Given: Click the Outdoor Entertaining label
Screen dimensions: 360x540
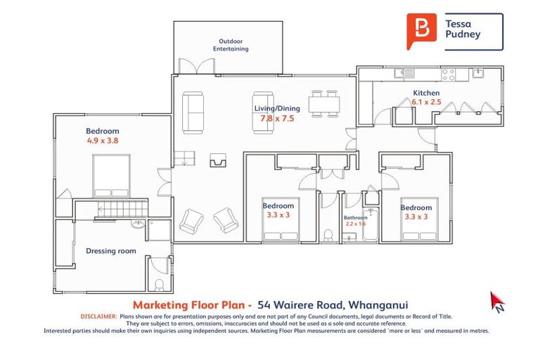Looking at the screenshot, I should click(x=233, y=45).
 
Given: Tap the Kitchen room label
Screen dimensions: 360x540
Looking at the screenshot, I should click(x=426, y=93).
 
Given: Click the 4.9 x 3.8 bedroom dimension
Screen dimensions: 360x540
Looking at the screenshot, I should click(x=103, y=141).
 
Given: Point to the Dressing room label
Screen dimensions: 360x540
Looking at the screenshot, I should click(x=111, y=250).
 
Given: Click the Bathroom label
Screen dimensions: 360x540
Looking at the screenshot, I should click(x=355, y=218).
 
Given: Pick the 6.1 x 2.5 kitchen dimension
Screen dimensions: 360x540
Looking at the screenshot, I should click(x=427, y=103).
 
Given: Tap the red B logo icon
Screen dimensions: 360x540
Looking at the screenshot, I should click(x=421, y=30).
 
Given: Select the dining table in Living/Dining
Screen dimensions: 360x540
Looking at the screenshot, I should click(x=324, y=103).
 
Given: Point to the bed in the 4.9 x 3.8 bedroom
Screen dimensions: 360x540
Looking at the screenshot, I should click(x=111, y=175).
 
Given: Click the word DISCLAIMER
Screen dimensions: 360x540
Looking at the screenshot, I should click(x=99, y=317).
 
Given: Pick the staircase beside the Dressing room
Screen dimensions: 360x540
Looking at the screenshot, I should click(x=111, y=208).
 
